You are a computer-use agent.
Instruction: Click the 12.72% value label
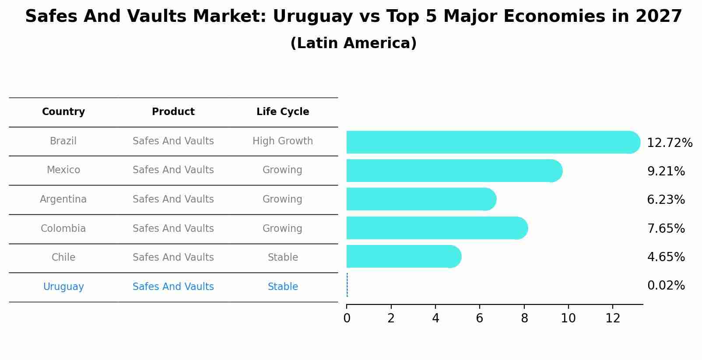tap(669, 143)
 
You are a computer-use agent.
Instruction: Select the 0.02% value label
tap(666, 286)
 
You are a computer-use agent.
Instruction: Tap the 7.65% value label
tap(666, 228)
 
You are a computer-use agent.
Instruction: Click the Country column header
tap(63, 112)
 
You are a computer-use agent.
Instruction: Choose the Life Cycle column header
tap(283, 112)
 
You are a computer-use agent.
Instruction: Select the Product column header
tap(173, 112)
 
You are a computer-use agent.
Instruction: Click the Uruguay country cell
tap(63, 287)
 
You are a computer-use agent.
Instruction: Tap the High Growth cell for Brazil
tap(283, 141)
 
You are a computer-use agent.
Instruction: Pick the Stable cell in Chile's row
tap(283, 258)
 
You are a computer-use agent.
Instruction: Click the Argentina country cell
tap(63, 199)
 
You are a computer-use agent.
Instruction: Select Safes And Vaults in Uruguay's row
tap(173, 287)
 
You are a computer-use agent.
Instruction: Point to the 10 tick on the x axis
tap(568, 318)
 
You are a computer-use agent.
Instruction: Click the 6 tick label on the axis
tap(480, 318)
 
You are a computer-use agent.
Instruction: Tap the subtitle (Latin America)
tap(353, 43)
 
